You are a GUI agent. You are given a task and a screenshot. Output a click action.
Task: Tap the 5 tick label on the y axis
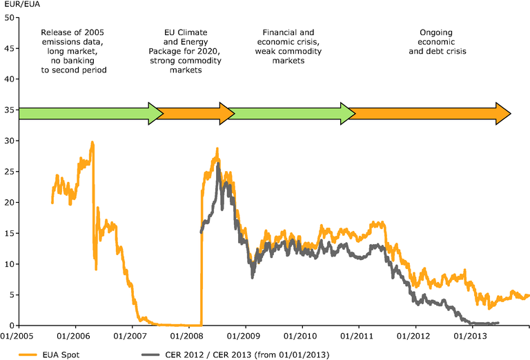click(x=13, y=294)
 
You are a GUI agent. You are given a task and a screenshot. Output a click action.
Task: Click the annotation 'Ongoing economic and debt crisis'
click(x=442, y=41)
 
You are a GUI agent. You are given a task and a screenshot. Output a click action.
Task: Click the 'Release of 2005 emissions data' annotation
click(x=74, y=51)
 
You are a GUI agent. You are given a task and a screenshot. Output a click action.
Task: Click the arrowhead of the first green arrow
click(x=155, y=113)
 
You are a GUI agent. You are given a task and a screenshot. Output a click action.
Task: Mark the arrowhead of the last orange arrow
click(x=503, y=113)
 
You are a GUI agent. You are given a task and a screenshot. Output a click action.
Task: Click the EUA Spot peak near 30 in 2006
click(x=92, y=143)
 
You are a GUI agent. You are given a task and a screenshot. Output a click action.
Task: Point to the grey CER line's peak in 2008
click(x=219, y=164)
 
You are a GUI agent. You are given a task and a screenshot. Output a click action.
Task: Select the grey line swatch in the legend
click(x=152, y=354)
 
